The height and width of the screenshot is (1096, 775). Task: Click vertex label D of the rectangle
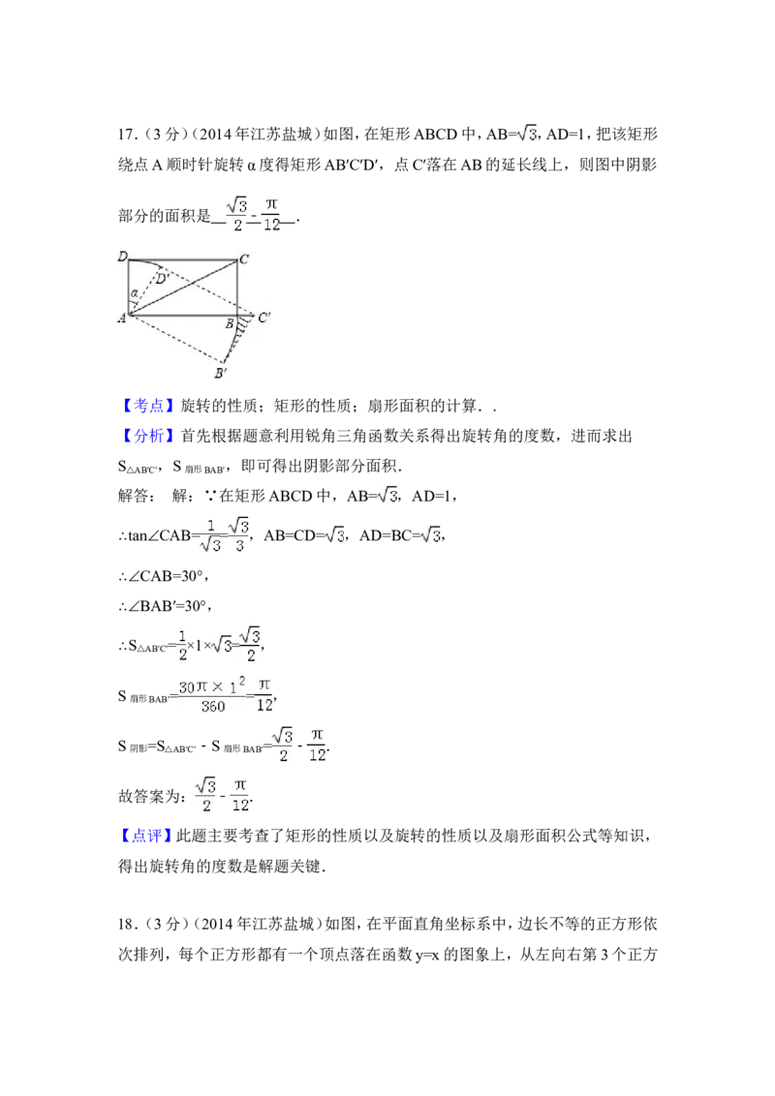click(122, 257)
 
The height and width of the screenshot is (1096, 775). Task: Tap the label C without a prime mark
click(244, 259)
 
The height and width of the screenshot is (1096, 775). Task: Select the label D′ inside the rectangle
click(163, 279)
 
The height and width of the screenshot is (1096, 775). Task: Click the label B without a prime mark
click(230, 322)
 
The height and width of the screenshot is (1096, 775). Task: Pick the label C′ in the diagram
click(263, 317)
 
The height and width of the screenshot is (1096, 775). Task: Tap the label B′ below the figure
click(221, 373)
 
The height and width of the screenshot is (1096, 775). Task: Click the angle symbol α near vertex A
click(134, 292)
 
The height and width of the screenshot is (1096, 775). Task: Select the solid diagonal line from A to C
click(184, 287)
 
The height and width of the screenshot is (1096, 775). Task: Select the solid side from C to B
click(238, 288)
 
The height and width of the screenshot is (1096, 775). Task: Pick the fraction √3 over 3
click(240, 534)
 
